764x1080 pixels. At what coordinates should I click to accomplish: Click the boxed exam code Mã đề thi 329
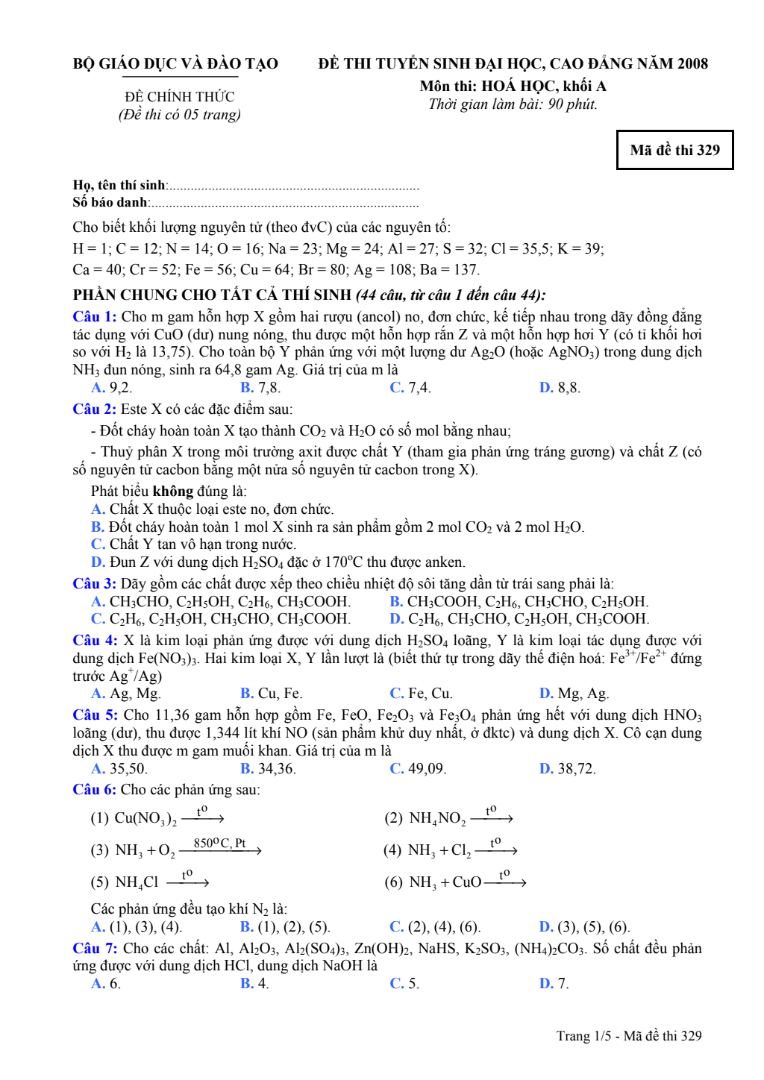pyautogui.click(x=674, y=150)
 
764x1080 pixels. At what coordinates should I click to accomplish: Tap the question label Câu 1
pyautogui.click(x=94, y=317)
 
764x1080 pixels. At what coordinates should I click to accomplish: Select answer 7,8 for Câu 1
pyautogui.click(x=260, y=387)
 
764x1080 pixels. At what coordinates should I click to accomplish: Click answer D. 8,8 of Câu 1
pyautogui.click(x=560, y=387)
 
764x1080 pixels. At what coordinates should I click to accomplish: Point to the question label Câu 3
pyautogui.click(x=94, y=583)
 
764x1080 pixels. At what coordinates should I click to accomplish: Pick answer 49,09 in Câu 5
pyautogui.click(x=418, y=768)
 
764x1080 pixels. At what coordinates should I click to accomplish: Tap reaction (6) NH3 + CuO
pyautogui.click(x=455, y=882)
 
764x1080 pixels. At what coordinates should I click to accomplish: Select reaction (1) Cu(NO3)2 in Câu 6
pyautogui.click(x=157, y=817)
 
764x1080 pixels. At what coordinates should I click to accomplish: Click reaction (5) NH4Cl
pyautogui.click(x=149, y=882)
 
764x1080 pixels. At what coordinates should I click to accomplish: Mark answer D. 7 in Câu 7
pyautogui.click(x=554, y=984)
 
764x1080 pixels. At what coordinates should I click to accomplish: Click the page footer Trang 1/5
pyautogui.click(x=628, y=1036)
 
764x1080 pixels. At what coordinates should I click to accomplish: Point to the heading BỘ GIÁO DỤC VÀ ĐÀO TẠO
pyautogui.click(x=175, y=64)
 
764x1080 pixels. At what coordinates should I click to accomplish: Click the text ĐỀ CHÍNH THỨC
pyautogui.click(x=179, y=97)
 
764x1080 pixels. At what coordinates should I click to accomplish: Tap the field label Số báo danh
pyautogui.click(x=110, y=202)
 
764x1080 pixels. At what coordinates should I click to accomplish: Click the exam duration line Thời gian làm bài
pyautogui.click(x=513, y=104)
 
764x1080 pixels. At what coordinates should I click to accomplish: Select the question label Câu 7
pyautogui.click(x=94, y=948)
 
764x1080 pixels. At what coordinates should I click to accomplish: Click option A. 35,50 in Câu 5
pyautogui.click(x=119, y=768)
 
